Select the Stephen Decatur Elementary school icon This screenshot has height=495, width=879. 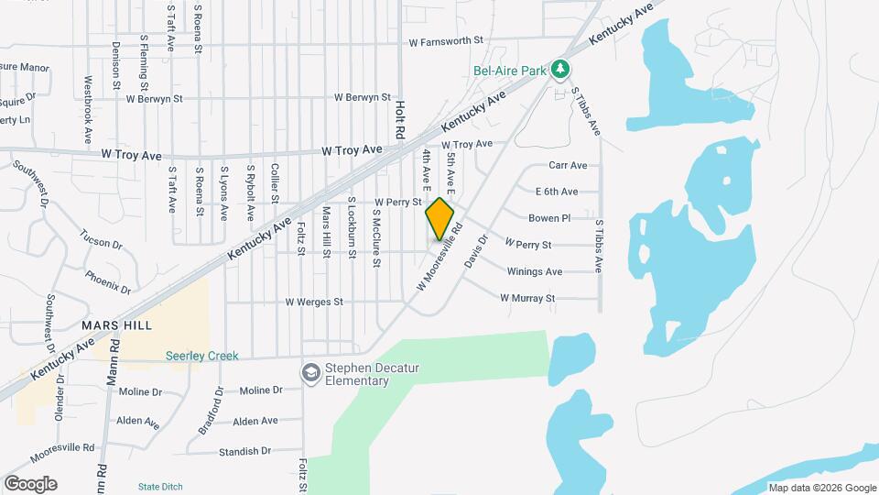tap(311, 373)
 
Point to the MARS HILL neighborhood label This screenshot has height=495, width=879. tap(116, 325)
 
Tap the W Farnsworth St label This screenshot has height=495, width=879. tap(446, 41)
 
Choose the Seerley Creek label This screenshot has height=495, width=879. tap(202, 356)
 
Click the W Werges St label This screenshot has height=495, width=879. tap(314, 302)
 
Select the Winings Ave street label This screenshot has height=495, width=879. tap(535, 272)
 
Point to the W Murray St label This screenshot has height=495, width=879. tap(527, 298)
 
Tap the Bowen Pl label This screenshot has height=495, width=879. tap(549, 218)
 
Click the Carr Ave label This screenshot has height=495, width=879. tap(568, 166)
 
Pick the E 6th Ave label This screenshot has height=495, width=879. tap(557, 192)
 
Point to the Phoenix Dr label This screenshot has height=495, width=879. tap(108, 280)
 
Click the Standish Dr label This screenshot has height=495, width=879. tap(245, 451)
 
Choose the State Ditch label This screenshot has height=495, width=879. tap(160, 486)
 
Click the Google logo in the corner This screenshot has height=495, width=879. tap(30, 484)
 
